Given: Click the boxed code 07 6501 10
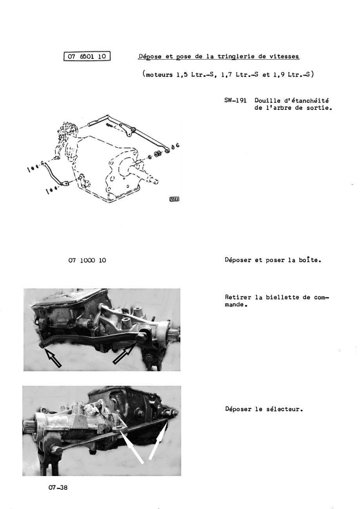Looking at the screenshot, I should [x=87, y=57].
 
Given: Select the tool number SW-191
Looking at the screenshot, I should [x=235, y=100].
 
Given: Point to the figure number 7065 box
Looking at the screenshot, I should [x=175, y=199].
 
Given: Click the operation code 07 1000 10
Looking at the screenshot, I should [x=87, y=260].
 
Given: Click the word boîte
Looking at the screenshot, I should [x=310, y=260].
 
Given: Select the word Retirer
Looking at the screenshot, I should [x=238, y=297].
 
